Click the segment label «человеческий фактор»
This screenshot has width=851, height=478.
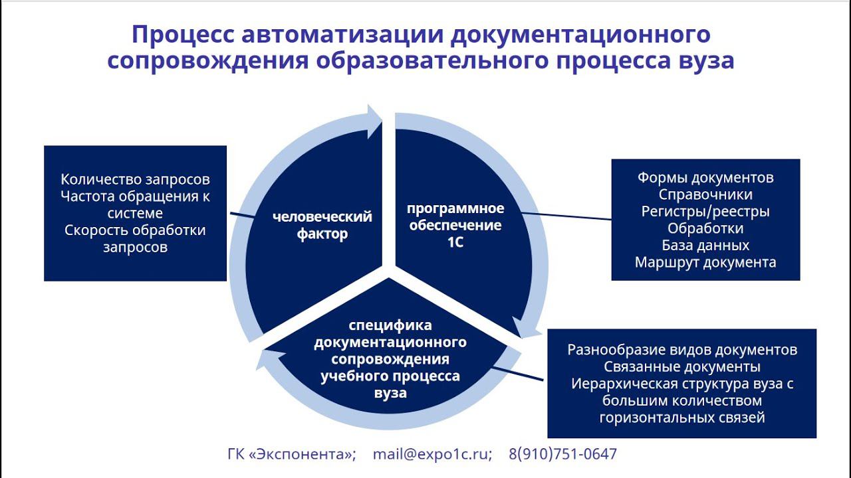click(322, 226)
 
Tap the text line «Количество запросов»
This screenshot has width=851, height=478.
click(135, 179)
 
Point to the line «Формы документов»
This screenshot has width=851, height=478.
click(705, 178)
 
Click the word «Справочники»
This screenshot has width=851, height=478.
click(705, 195)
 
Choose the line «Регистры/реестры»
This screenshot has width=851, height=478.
click(705, 212)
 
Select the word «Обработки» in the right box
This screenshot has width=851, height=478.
click(705, 228)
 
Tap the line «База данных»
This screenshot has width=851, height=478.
click(705, 245)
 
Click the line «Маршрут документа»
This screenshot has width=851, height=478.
click(705, 262)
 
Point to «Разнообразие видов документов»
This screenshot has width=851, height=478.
click(682, 350)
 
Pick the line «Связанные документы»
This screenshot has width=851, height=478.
click(682, 367)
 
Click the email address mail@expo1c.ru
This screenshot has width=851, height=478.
click(432, 454)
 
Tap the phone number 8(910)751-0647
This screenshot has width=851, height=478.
click(562, 454)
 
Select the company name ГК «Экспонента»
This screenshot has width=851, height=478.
click(292, 454)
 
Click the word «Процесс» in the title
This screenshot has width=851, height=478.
click(176, 35)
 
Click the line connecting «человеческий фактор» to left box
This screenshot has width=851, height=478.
click(241, 216)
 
